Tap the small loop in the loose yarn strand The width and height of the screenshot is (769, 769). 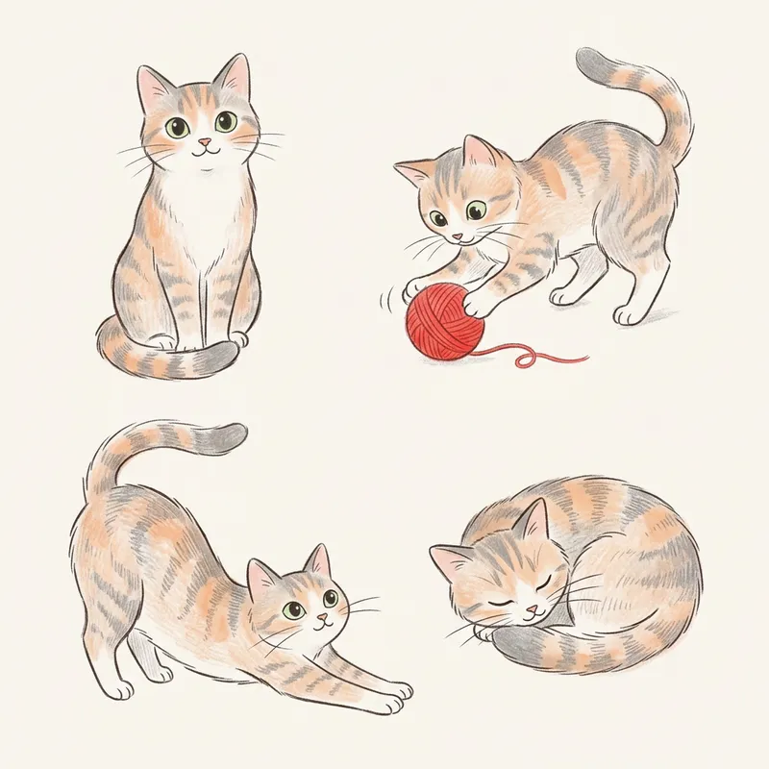tap(525, 360)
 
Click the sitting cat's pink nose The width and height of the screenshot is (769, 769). tap(203, 142)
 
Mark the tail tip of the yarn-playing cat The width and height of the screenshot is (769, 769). tap(588, 61)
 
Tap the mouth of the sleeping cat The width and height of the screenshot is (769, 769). tap(528, 616)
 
